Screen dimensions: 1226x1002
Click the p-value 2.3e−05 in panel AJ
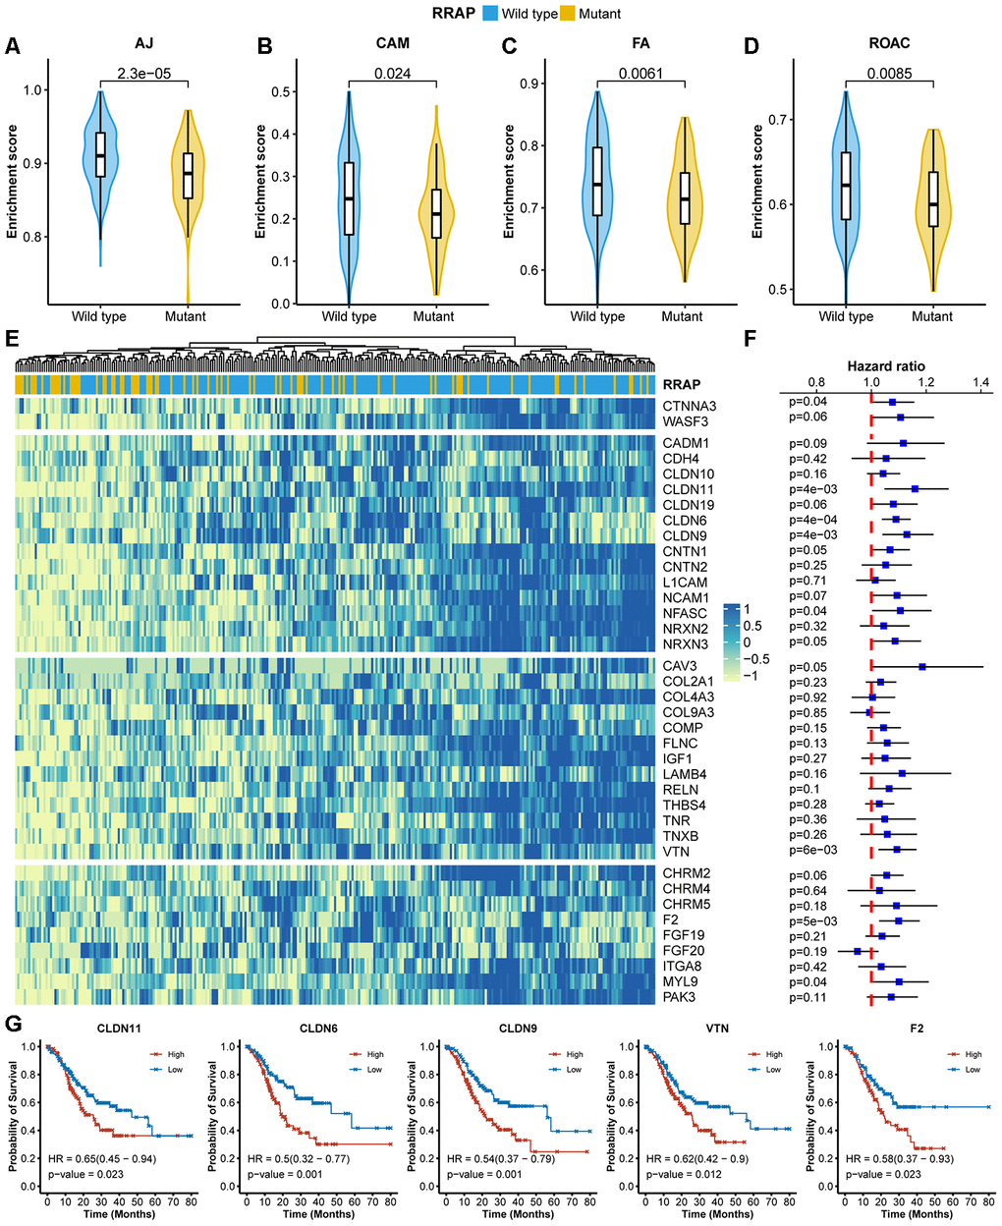pyautogui.click(x=142, y=73)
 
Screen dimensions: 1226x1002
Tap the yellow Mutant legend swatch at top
pyautogui.click(x=568, y=14)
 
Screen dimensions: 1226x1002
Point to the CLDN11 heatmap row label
pyautogui.click(x=688, y=489)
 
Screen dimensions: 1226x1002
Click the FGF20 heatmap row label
pyautogui.click(x=684, y=951)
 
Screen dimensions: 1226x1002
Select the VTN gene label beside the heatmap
pyautogui.click(x=676, y=852)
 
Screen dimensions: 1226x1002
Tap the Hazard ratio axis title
pyautogui.click(x=885, y=365)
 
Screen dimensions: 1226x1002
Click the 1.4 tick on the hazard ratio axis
pyautogui.click(x=979, y=381)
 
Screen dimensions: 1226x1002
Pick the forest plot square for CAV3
pyautogui.click(x=922, y=667)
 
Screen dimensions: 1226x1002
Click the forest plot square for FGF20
pyautogui.click(x=857, y=951)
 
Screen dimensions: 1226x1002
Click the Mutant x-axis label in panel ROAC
pyautogui.click(x=931, y=316)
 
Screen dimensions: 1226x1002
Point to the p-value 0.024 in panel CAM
pyautogui.click(x=392, y=73)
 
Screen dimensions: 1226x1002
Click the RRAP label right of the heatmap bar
pyautogui.click(x=681, y=385)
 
